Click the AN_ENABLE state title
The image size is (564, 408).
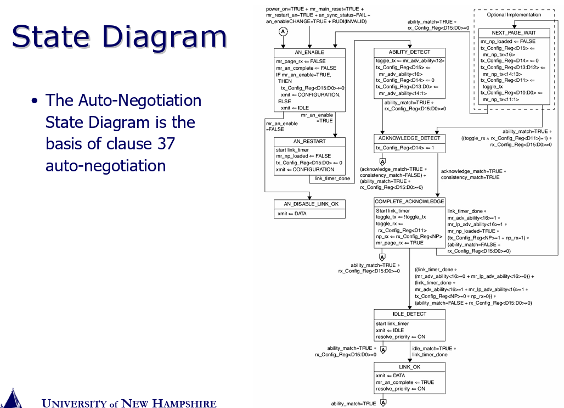(x=309, y=52)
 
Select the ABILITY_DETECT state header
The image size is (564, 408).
(x=409, y=52)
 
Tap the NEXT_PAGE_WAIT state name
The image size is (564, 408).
(x=514, y=33)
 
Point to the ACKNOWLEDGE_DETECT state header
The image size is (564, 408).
(x=409, y=138)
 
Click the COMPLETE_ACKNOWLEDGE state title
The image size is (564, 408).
(x=409, y=202)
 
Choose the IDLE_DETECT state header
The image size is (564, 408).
(x=409, y=314)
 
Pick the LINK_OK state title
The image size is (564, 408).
(x=409, y=367)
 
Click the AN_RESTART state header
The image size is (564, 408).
(x=309, y=142)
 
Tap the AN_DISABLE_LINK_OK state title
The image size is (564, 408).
(x=309, y=204)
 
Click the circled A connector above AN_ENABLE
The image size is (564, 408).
(x=283, y=32)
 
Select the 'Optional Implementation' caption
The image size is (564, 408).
(x=514, y=15)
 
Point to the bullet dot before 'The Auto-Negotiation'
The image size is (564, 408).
(x=35, y=101)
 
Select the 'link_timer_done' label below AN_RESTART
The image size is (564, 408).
(x=332, y=178)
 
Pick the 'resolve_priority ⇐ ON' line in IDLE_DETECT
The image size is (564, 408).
(x=401, y=337)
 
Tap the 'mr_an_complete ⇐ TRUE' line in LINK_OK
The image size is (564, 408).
(x=405, y=382)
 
